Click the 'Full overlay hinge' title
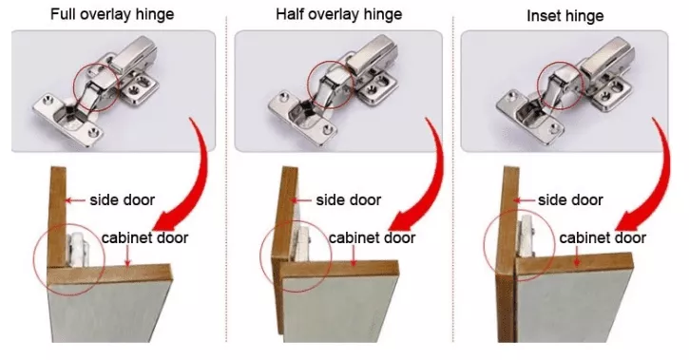(x=112, y=13)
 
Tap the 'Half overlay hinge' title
(x=337, y=13)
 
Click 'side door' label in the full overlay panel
(x=123, y=199)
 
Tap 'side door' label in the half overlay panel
(x=349, y=199)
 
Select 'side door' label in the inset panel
(x=570, y=199)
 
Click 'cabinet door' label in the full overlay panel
(x=145, y=237)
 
